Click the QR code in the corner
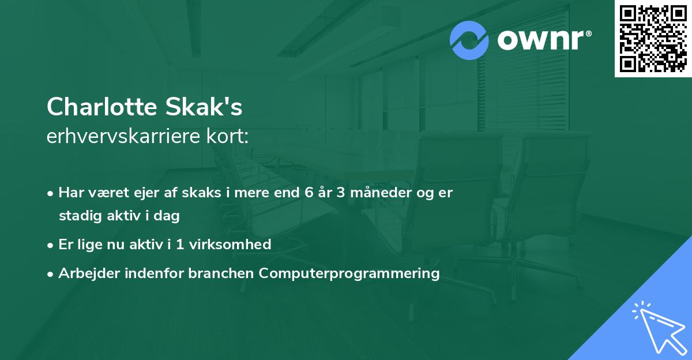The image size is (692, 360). point(653,39)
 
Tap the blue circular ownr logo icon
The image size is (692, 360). point(469,40)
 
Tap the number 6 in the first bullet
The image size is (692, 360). point(309,193)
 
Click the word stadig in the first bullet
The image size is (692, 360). point(77,216)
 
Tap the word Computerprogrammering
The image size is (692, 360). point(349,273)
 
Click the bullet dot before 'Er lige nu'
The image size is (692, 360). point(51,245)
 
